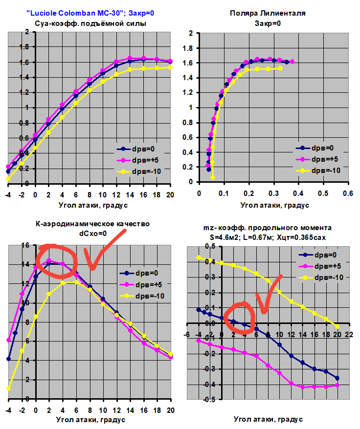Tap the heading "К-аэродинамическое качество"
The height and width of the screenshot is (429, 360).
[x=93, y=224]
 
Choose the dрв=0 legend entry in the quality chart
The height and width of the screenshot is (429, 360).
[x=142, y=274]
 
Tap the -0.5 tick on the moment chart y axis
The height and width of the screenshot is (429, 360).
[x=194, y=400]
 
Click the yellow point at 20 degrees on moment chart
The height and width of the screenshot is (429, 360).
[x=337, y=326]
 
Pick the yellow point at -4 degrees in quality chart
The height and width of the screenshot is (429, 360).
[x=8, y=388]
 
